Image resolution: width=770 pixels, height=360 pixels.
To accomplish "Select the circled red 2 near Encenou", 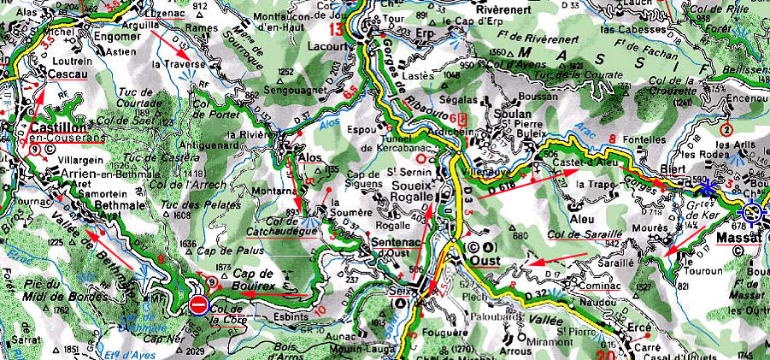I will (726, 130).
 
